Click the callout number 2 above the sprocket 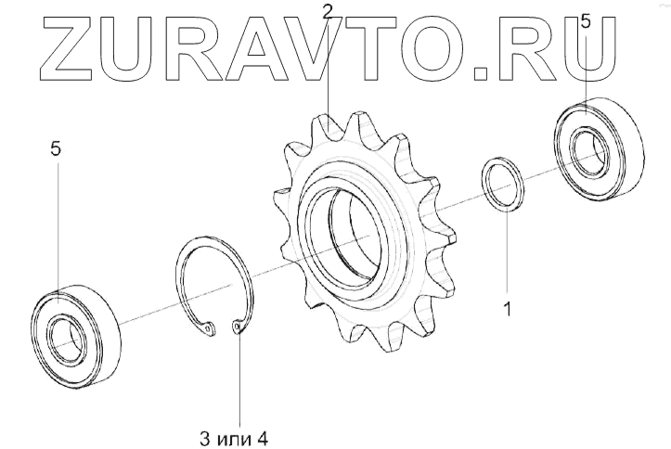pyautogui.click(x=327, y=12)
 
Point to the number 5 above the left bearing pyautogui.click(x=58, y=149)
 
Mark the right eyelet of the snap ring pyautogui.click(x=239, y=328)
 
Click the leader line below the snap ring pyautogui.click(x=239, y=380)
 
